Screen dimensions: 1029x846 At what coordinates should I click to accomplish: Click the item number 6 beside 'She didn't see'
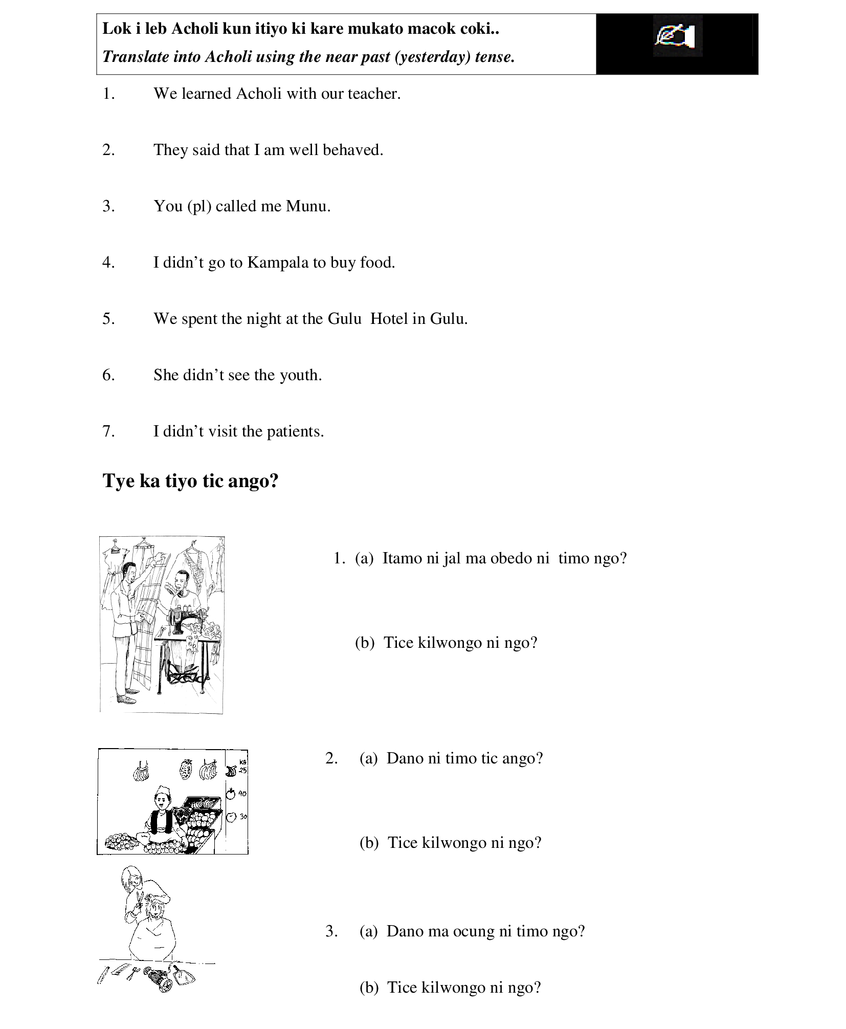pos(108,375)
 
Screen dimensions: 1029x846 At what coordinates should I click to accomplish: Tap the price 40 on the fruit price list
pos(242,794)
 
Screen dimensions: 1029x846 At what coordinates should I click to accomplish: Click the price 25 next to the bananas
pos(242,770)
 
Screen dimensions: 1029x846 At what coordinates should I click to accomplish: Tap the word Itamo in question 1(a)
pos(402,558)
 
